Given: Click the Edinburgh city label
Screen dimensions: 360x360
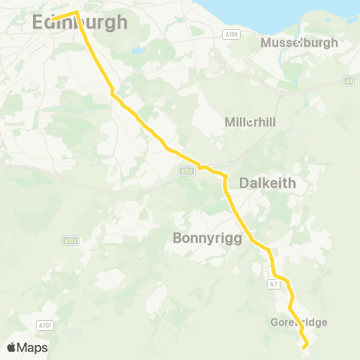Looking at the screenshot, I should (x=80, y=24).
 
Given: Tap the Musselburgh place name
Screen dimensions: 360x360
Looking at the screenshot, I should (x=299, y=43).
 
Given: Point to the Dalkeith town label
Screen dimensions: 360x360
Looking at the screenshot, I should (x=268, y=183).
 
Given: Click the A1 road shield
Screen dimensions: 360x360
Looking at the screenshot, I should (x=349, y=81).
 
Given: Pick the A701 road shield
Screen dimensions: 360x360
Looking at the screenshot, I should (x=45, y=325).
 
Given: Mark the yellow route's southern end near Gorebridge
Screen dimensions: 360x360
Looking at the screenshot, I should (x=304, y=347).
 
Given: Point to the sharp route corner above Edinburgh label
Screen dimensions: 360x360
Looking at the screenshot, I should (x=76, y=12).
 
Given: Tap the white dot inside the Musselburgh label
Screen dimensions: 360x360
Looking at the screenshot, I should (x=299, y=43).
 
